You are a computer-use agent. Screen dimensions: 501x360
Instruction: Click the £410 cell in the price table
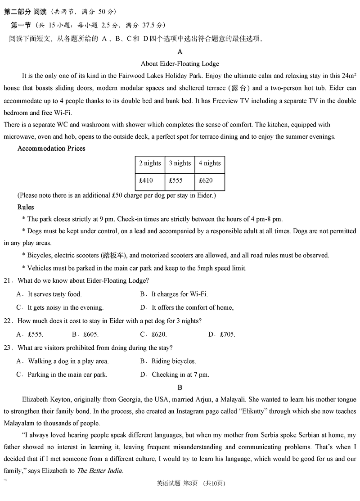[x=146, y=181]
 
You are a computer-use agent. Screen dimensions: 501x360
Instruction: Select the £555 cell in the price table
[x=176, y=181]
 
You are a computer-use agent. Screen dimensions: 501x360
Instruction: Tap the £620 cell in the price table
[x=206, y=181]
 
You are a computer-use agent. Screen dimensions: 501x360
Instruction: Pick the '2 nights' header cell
[x=150, y=163]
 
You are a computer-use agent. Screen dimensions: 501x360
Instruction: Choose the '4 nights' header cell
[x=210, y=163]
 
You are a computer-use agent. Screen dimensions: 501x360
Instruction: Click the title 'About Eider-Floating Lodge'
[x=180, y=63]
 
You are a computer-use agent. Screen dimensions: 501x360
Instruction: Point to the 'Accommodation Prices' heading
[x=51, y=149]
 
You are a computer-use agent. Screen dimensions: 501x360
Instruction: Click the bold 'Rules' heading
[x=26, y=208]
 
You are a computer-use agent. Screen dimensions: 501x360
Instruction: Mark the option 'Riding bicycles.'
[x=173, y=361]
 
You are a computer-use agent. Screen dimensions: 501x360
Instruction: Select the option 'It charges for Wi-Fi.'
[x=179, y=294]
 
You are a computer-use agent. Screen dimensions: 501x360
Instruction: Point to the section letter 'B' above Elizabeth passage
[x=180, y=387]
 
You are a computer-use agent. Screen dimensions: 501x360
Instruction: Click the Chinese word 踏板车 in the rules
[x=114, y=256]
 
